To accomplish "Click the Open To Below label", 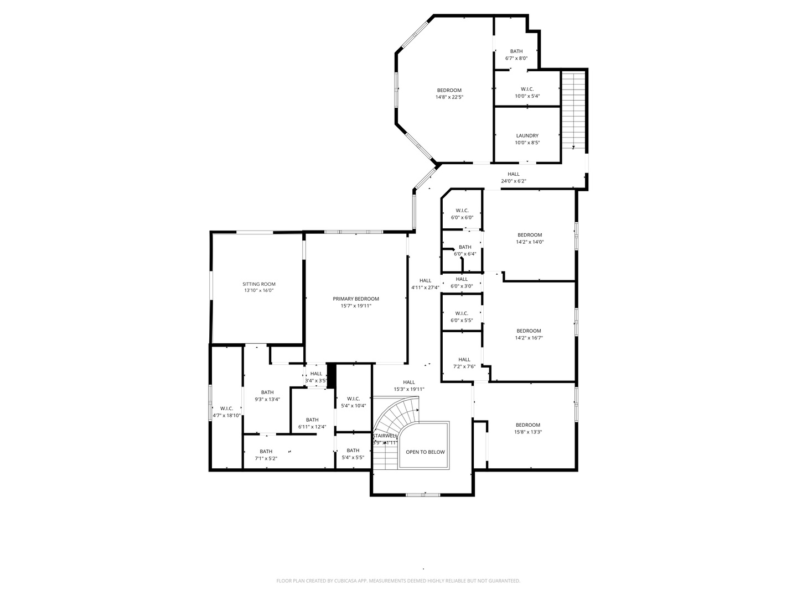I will [x=425, y=452].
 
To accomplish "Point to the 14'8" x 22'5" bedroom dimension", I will [x=449, y=97].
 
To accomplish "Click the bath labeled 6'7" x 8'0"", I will [x=516, y=54].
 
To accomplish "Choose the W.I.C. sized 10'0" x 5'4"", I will [x=527, y=92].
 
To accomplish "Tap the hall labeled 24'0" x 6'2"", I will [x=513, y=177].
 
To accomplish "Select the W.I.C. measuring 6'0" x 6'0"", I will [x=462, y=213].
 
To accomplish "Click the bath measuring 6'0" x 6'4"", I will [x=465, y=250].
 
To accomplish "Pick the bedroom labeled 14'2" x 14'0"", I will [x=529, y=238].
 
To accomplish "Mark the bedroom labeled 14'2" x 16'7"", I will [x=529, y=334].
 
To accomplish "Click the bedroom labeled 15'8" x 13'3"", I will [x=527, y=428].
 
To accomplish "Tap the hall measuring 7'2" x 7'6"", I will [x=464, y=363].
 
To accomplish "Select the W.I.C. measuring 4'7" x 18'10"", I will [x=226, y=412].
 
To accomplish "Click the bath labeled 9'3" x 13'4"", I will [x=267, y=396].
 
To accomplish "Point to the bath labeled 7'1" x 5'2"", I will [x=266, y=454].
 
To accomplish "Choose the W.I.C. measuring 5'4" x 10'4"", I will [x=353, y=402].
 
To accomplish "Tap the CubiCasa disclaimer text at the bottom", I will [x=398, y=581].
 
